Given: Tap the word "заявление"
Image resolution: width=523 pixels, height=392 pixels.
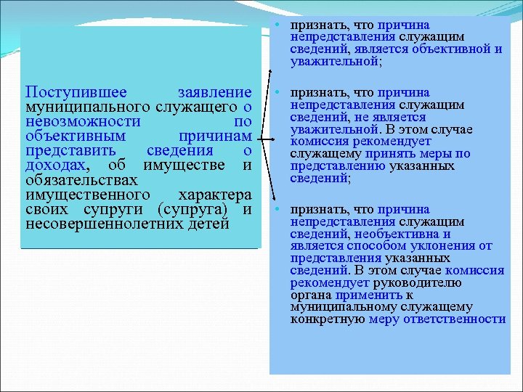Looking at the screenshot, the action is (214, 93).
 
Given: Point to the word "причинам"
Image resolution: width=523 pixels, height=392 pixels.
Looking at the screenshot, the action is (215, 136).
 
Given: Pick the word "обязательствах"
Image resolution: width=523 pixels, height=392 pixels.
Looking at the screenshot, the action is (81, 180).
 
